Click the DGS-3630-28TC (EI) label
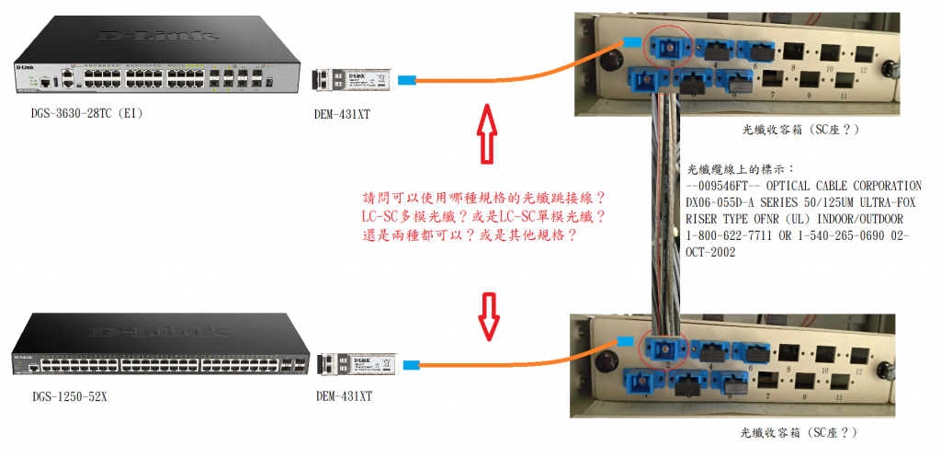[87, 113]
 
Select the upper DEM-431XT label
[342, 113]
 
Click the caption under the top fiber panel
[799, 130]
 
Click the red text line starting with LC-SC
[483, 216]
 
